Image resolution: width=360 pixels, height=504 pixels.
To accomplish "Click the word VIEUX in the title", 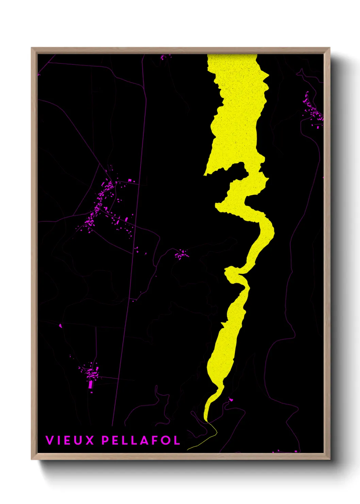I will pos(70,440).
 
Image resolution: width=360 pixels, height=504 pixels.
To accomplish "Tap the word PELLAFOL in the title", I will pos(141,440).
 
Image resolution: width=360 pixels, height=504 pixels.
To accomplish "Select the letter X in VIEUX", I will pos(89,440).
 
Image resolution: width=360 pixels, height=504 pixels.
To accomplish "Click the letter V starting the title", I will pos(50,440).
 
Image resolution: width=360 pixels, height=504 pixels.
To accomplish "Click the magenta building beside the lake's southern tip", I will pos(231,399).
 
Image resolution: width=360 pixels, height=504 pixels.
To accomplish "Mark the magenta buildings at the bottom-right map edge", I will pos(284,451).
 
